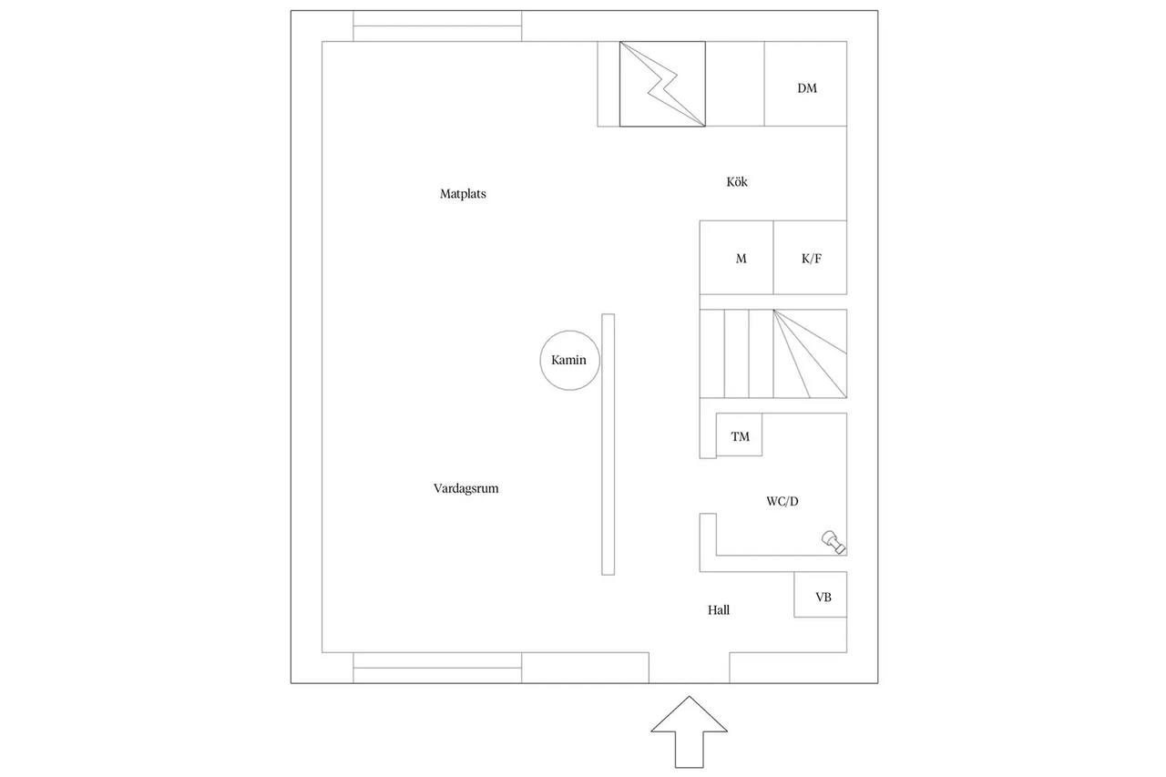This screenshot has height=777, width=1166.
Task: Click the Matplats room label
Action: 463,194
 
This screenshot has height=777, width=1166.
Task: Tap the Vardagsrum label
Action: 465,488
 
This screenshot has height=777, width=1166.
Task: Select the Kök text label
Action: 737,181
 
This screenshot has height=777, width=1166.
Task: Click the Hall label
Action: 719,610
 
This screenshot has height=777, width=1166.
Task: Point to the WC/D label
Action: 782,501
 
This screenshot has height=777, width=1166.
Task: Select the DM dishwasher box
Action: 805,84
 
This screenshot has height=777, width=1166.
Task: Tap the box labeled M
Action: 737,258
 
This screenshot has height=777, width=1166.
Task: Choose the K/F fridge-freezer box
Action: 810,258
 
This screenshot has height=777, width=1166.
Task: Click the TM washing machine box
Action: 739,435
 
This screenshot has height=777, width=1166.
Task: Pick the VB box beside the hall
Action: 821,595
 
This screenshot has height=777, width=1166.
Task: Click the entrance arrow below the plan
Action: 690,731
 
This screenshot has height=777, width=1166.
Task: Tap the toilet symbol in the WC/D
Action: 834,542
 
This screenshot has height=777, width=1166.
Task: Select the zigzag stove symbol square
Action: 662,84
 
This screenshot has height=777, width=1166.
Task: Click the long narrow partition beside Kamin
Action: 608,445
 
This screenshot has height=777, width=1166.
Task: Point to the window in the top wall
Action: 437,26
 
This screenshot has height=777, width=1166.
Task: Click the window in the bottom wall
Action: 437,668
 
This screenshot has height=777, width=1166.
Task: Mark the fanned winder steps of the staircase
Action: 810,354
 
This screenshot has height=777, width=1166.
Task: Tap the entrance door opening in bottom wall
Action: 690,668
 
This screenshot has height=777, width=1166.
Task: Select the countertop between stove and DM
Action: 735,84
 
